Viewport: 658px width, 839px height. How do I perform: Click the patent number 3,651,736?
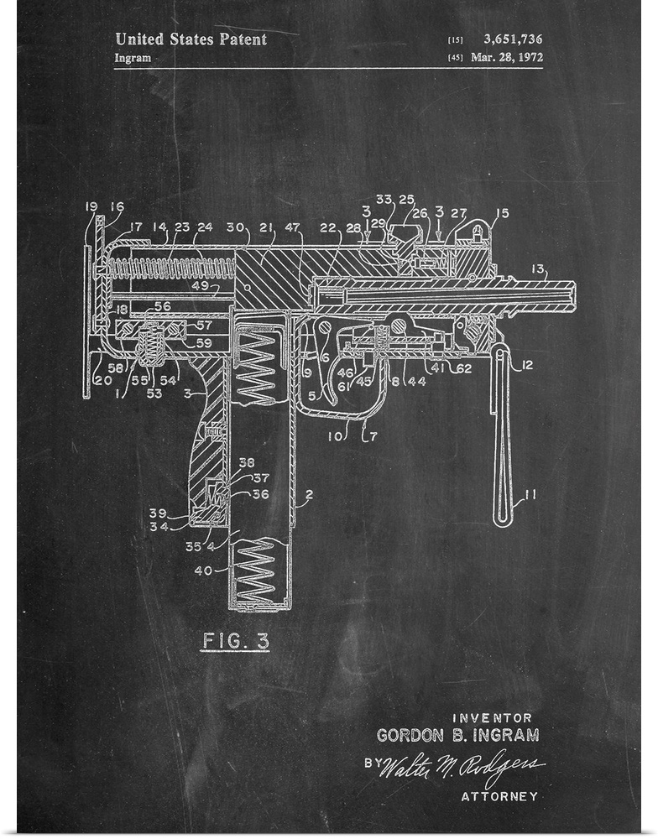click(x=513, y=39)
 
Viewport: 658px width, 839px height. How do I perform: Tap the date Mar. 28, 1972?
click(x=507, y=58)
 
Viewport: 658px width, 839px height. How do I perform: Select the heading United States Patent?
click(x=191, y=39)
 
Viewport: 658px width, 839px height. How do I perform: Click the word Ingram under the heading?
click(x=133, y=58)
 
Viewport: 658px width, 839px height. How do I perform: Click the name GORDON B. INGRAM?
click(x=457, y=735)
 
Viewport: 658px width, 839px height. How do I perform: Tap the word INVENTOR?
click(x=493, y=717)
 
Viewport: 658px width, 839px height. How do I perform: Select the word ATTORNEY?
click(x=499, y=796)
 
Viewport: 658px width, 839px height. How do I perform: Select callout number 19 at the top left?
click(x=91, y=206)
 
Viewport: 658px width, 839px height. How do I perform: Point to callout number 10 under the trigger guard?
click(x=336, y=436)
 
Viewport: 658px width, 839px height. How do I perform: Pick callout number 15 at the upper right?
click(x=502, y=213)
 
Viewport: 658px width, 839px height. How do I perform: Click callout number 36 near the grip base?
click(x=260, y=494)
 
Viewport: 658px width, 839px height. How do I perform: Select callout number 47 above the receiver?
click(x=293, y=227)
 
